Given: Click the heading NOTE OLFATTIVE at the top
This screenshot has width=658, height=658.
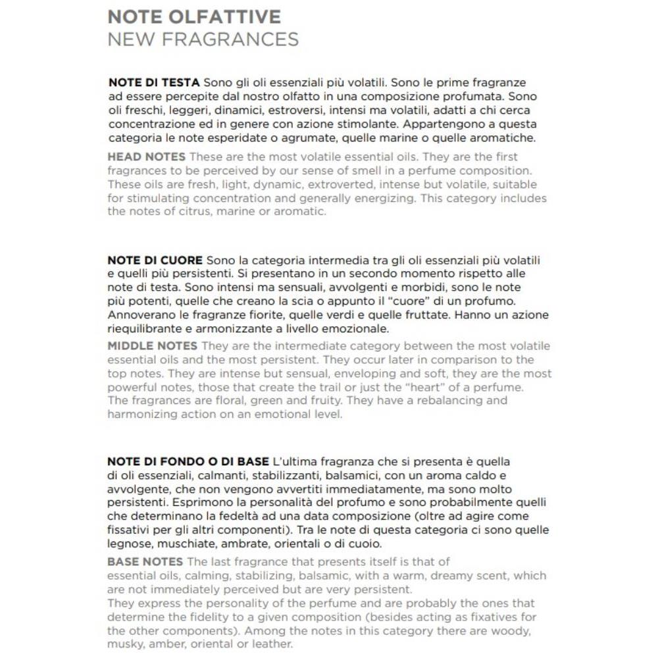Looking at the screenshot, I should pyautogui.click(x=194, y=16).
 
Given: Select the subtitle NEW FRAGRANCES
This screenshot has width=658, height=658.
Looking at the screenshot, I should pyautogui.click(x=203, y=39).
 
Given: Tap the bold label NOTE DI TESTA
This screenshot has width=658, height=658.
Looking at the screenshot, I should pyautogui.click(x=154, y=83).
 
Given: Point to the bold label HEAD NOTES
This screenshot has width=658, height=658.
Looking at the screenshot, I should pyautogui.click(x=146, y=157).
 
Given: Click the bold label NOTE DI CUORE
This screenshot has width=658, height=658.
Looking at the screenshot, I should pyautogui.click(x=155, y=261).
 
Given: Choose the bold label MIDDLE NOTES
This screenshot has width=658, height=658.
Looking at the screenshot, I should pyautogui.click(x=152, y=346).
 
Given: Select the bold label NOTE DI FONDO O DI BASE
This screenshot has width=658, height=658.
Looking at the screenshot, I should pyautogui.click(x=188, y=462).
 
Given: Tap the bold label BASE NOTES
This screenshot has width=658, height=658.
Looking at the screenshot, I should pyautogui.click(x=145, y=561).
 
